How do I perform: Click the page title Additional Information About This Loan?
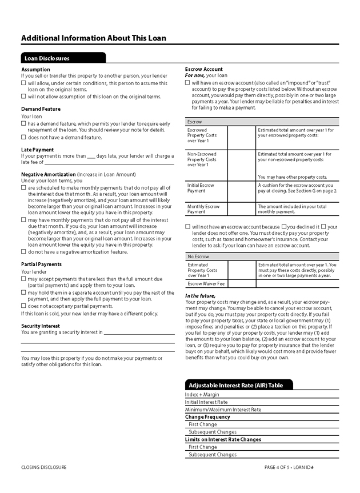[x=94, y=38]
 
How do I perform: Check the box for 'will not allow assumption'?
[x=23, y=97]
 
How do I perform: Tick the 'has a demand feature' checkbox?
[x=23, y=123]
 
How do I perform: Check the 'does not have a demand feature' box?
[x=23, y=137]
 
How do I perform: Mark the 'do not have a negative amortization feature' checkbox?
[x=23, y=251]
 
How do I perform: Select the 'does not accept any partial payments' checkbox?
[x=23, y=306]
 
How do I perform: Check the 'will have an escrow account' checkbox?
[x=187, y=82]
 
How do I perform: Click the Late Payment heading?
[x=37, y=150]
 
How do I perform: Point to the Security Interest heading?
[x=41, y=326]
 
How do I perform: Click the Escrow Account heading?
[x=204, y=69]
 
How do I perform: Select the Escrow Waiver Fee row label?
[x=206, y=283]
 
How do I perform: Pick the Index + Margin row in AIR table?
[x=202, y=395]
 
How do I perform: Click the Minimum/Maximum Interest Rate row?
[x=223, y=410]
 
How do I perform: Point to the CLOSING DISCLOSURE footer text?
[x=43, y=467]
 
